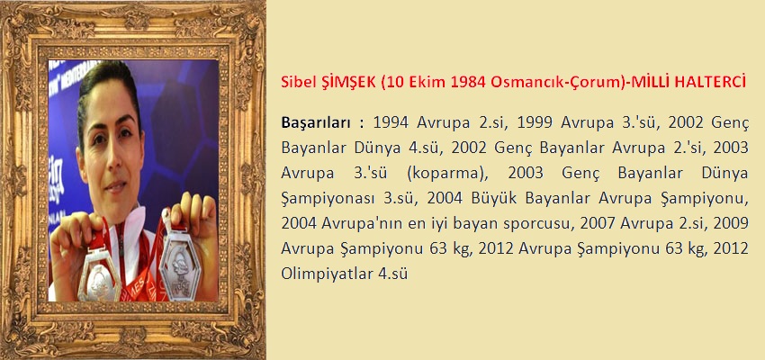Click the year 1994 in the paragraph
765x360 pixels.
391,122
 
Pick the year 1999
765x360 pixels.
535,122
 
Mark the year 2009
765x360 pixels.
731,223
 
